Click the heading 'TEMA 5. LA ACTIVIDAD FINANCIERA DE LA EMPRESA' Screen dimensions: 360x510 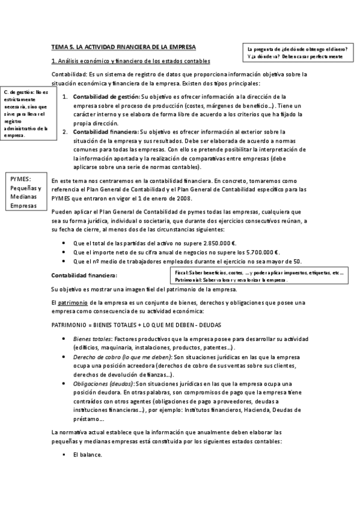pyautogui.click(x=124, y=47)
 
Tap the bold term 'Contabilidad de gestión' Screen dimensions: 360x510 pyautogui.click(x=106, y=97)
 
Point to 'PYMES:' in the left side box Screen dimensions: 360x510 pyautogui.click(x=21, y=179)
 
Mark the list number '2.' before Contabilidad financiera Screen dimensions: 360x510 pyautogui.click(x=66, y=131)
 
